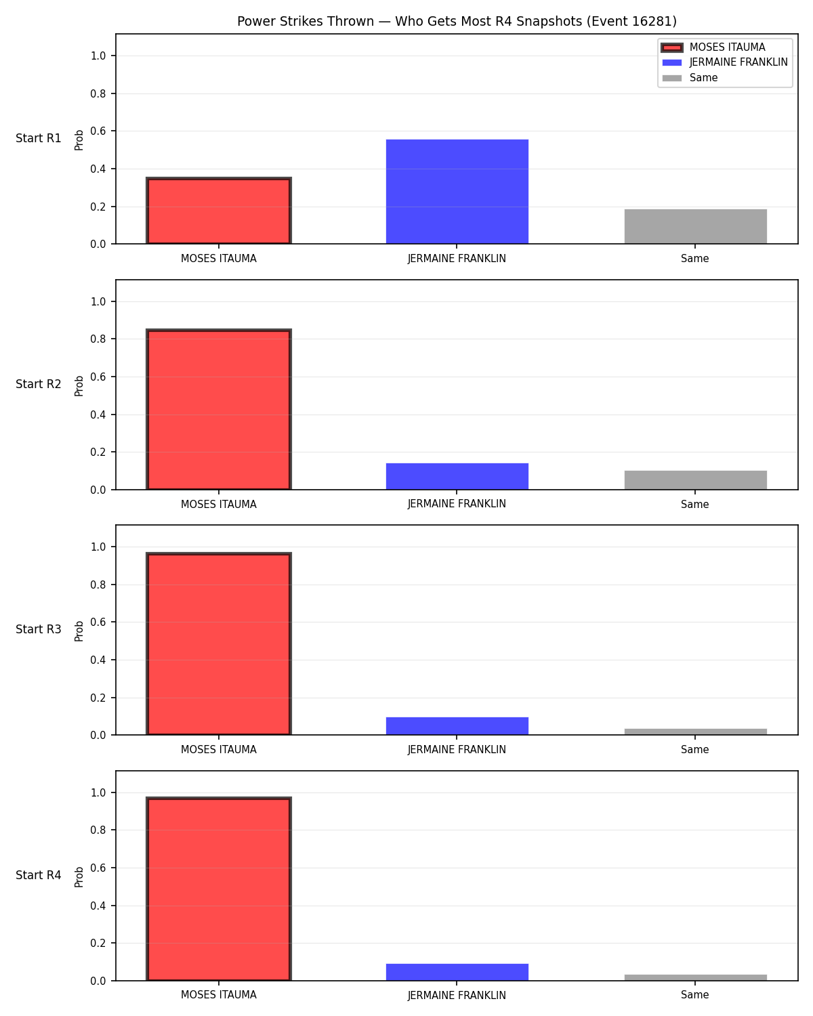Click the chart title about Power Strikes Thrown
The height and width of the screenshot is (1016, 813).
pyautogui.click(x=457, y=21)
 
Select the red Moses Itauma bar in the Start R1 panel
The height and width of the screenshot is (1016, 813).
pyautogui.click(x=219, y=211)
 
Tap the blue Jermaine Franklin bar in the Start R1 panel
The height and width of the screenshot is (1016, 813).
pyautogui.click(x=457, y=192)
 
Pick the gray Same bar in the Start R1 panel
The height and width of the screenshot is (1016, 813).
pyautogui.click(x=695, y=227)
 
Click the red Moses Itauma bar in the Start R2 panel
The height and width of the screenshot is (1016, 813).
pyautogui.click(x=219, y=409)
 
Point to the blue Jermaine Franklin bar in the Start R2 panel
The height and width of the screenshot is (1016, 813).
pyautogui.click(x=457, y=476)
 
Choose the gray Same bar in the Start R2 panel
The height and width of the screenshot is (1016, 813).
pyautogui.click(x=695, y=480)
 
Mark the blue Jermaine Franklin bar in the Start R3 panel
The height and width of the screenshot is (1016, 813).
pyautogui.click(x=457, y=726)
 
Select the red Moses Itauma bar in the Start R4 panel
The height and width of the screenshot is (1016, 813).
pyautogui.click(x=219, y=889)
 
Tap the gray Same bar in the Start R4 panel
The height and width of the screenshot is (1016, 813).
pyautogui.click(x=695, y=978)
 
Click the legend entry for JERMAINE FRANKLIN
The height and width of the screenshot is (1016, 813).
pyautogui.click(x=725, y=62)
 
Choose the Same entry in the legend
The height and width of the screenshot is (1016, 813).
pyautogui.click(x=690, y=78)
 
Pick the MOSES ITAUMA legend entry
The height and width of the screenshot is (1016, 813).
pyautogui.click(x=713, y=47)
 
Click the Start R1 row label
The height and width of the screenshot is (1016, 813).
pyautogui.click(x=38, y=138)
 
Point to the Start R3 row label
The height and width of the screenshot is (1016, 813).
pyautogui.click(x=38, y=629)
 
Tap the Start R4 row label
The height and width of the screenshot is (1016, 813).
pyautogui.click(x=38, y=875)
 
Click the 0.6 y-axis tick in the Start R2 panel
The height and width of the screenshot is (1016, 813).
pyautogui.click(x=98, y=377)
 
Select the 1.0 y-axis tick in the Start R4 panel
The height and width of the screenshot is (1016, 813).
pyautogui.click(x=98, y=792)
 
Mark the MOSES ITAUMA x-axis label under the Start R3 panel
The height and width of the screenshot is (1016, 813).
pyautogui.click(x=219, y=750)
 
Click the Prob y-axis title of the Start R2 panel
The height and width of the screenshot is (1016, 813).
pyautogui.click(x=79, y=385)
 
